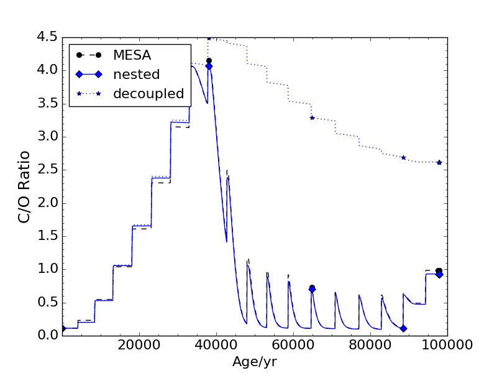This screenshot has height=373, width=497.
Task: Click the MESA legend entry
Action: coord(132,55)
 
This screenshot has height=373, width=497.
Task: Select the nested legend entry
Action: coord(136,75)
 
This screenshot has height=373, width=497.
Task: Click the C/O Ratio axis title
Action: coord(24,186)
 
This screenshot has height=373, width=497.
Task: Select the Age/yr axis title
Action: coord(254,362)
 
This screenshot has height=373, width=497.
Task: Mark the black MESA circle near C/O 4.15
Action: coord(209,60)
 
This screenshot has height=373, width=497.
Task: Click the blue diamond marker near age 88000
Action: coord(403,328)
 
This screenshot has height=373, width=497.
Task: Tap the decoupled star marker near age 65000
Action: coord(312,117)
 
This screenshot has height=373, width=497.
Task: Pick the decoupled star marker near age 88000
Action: coord(403,157)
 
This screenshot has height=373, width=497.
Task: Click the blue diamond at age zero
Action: coord(62,328)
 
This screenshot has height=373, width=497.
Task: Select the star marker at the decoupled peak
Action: coord(209,38)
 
